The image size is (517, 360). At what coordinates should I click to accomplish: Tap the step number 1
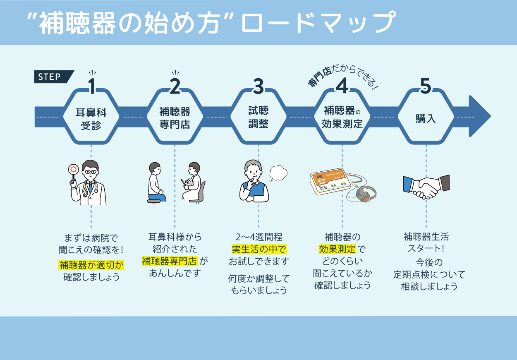[91, 86]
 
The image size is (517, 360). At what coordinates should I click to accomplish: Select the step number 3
[258, 86]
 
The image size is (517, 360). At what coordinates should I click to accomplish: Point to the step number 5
[426, 86]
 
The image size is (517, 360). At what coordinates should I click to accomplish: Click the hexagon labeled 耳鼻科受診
[91, 118]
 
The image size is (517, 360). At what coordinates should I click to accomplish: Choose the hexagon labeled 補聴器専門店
[175, 118]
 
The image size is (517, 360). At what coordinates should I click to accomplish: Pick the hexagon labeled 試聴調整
[258, 118]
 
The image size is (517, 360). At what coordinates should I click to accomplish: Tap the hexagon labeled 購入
[426, 118]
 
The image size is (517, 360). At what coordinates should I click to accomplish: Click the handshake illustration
[426, 186]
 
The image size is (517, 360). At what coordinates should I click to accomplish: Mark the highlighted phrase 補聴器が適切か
[91, 264]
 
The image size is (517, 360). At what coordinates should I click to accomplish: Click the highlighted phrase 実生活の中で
[259, 250]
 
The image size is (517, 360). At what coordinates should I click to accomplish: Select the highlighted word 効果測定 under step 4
[337, 250]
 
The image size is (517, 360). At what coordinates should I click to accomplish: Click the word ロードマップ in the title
[317, 23]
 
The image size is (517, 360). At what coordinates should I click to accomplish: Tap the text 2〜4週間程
[259, 237]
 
